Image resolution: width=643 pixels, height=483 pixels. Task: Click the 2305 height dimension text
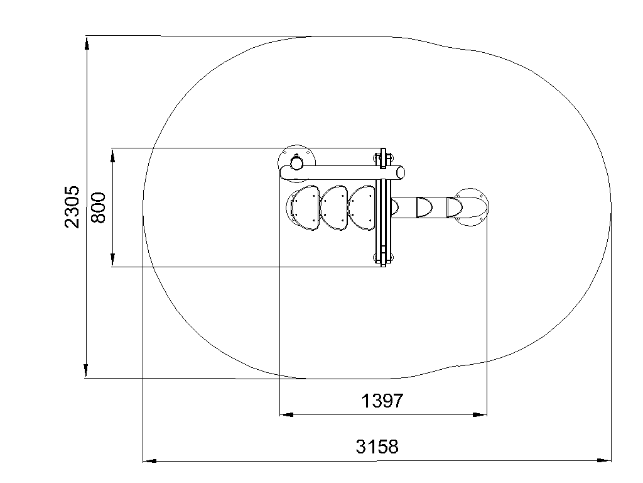(x=72, y=206)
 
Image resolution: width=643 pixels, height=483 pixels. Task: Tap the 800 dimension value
(x=99, y=208)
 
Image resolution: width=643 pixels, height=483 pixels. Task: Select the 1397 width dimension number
(x=382, y=401)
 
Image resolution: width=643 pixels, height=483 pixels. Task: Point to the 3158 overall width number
(x=377, y=447)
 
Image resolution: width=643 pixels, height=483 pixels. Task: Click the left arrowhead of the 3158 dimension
(x=149, y=461)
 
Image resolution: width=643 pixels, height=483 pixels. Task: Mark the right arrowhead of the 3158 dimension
(x=604, y=461)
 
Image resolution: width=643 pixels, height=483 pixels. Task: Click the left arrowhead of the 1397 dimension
(x=286, y=415)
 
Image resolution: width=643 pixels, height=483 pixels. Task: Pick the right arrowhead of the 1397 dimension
(x=480, y=415)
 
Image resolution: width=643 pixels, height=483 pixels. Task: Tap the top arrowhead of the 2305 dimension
(x=87, y=43)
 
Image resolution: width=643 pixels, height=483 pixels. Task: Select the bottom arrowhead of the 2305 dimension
(x=86, y=370)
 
